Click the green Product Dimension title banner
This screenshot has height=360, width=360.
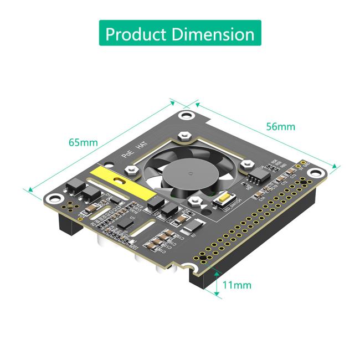click(180, 34)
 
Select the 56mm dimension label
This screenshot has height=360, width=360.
click(281, 126)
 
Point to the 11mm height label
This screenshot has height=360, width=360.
click(236, 285)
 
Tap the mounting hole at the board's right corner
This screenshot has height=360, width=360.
click(304, 164)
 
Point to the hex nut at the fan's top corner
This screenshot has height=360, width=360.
click(186, 135)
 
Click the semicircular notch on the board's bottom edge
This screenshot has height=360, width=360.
click(194, 268)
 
